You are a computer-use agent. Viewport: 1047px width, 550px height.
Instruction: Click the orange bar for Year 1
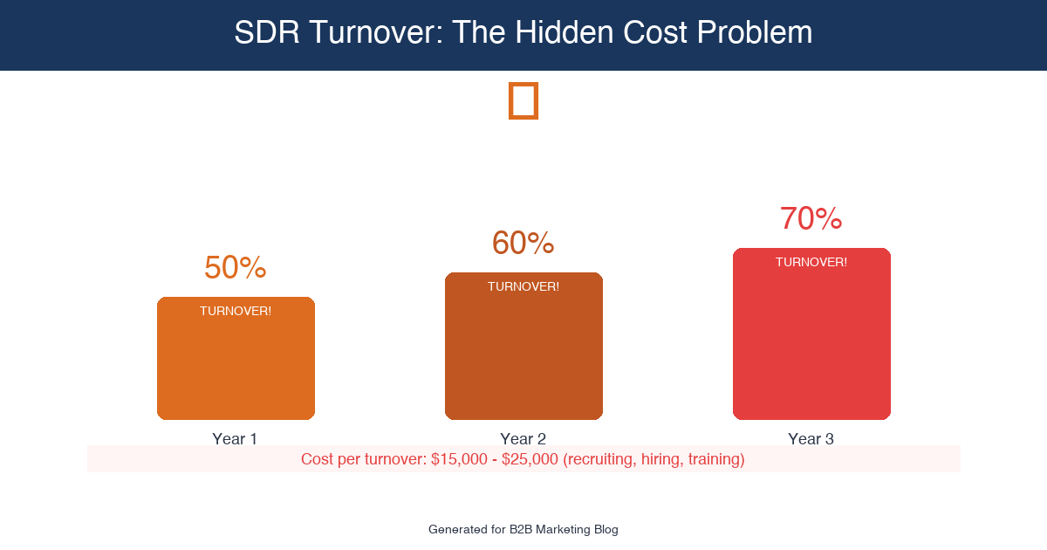(x=236, y=367)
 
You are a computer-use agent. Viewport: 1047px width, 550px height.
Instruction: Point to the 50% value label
(x=235, y=268)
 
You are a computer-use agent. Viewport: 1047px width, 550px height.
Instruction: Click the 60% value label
(x=523, y=244)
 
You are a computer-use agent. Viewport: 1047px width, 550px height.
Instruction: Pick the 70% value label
(x=811, y=219)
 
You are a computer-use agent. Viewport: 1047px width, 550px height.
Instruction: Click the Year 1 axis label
(x=235, y=438)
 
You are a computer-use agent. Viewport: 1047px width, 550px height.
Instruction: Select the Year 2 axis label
(x=523, y=438)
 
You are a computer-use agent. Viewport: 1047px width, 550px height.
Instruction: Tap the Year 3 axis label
(x=811, y=438)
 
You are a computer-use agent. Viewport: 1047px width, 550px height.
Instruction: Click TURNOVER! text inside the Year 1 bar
(x=236, y=311)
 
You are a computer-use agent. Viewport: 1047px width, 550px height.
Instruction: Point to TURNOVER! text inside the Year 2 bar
(x=523, y=286)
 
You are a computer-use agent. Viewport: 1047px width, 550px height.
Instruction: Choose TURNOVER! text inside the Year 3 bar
(x=811, y=262)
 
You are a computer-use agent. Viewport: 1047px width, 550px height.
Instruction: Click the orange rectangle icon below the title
(x=523, y=100)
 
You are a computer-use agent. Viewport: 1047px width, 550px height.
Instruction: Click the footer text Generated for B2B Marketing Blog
(x=523, y=529)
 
